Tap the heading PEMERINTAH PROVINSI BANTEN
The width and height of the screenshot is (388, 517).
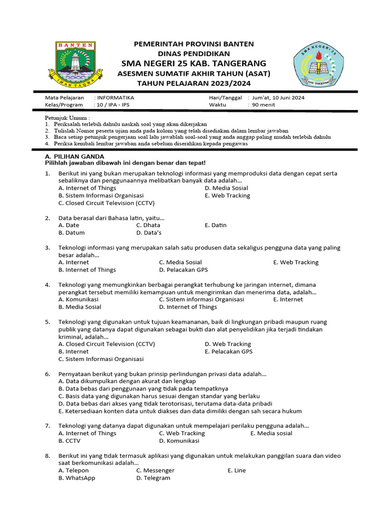tap(194, 44)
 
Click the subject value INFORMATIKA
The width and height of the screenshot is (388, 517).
tap(116, 97)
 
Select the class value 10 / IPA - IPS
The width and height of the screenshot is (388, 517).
tap(115, 105)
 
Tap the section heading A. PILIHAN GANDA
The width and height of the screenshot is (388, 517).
tap(75, 157)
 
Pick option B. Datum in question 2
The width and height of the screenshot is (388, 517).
tap(72, 233)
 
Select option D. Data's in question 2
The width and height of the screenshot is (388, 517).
tap(149, 233)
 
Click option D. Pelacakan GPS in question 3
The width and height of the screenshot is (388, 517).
tap(183, 270)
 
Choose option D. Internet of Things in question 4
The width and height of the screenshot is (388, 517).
tap(188, 306)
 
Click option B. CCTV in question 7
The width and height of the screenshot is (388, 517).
tap(70, 441)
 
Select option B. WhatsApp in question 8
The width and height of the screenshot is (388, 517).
tap(77, 478)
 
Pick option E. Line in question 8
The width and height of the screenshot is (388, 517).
tap(236, 470)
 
